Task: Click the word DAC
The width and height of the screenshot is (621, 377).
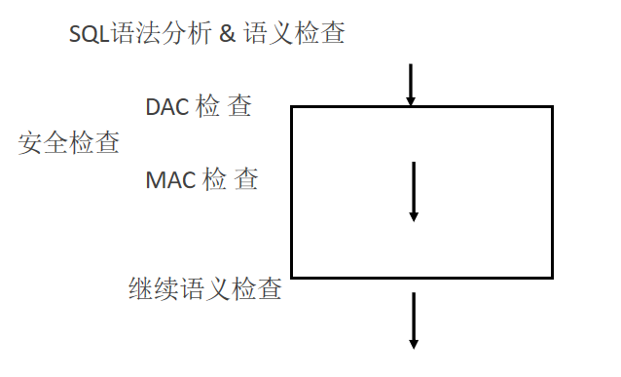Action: point(166,106)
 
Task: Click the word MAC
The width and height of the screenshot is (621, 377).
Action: point(169,180)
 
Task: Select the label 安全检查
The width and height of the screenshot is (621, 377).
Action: point(69,144)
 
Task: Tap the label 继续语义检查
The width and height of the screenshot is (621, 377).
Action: point(205,289)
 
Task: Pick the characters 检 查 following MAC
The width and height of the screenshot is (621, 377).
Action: point(230,180)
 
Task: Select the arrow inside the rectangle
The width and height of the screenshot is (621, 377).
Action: point(414,191)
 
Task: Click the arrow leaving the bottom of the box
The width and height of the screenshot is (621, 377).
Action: point(414,320)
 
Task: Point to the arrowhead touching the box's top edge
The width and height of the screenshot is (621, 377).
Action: point(411,100)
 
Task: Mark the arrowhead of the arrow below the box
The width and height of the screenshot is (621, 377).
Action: point(414,342)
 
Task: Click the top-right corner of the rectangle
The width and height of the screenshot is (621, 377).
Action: point(552,107)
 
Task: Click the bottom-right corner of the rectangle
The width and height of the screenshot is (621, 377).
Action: point(552,278)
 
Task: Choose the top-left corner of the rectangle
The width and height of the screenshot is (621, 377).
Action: point(292,107)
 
